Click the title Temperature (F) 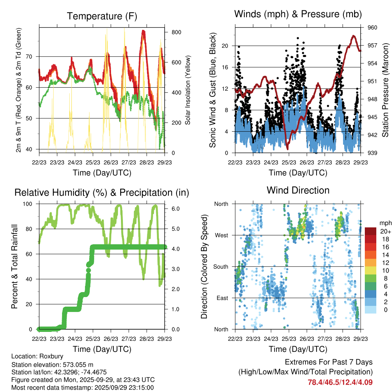tap(101, 16)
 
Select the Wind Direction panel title tap(298, 190)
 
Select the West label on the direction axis tap(221, 235)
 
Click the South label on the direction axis tap(220, 266)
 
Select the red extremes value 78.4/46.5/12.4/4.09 tap(340, 382)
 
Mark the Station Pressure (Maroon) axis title tap(385, 90)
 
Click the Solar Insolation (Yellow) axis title tap(188, 90)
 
